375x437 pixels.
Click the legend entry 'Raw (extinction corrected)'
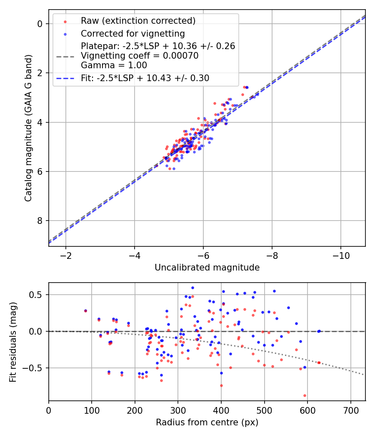[x=138, y=21]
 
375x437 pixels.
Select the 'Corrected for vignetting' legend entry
[x=132, y=33]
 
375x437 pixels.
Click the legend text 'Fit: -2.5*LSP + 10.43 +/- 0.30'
[x=145, y=78]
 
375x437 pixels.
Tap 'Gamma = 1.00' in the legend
[x=114, y=65]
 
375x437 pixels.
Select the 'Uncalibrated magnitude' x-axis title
[x=207, y=268]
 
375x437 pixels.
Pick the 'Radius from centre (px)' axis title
[x=207, y=422]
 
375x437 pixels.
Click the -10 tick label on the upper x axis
[x=341, y=255]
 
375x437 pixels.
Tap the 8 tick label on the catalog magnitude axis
[x=40, y=221]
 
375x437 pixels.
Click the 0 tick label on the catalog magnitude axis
[x=40, y=24]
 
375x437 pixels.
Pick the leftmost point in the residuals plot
[x=85, y=310]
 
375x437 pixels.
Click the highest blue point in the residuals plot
[x=192, y=288]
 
